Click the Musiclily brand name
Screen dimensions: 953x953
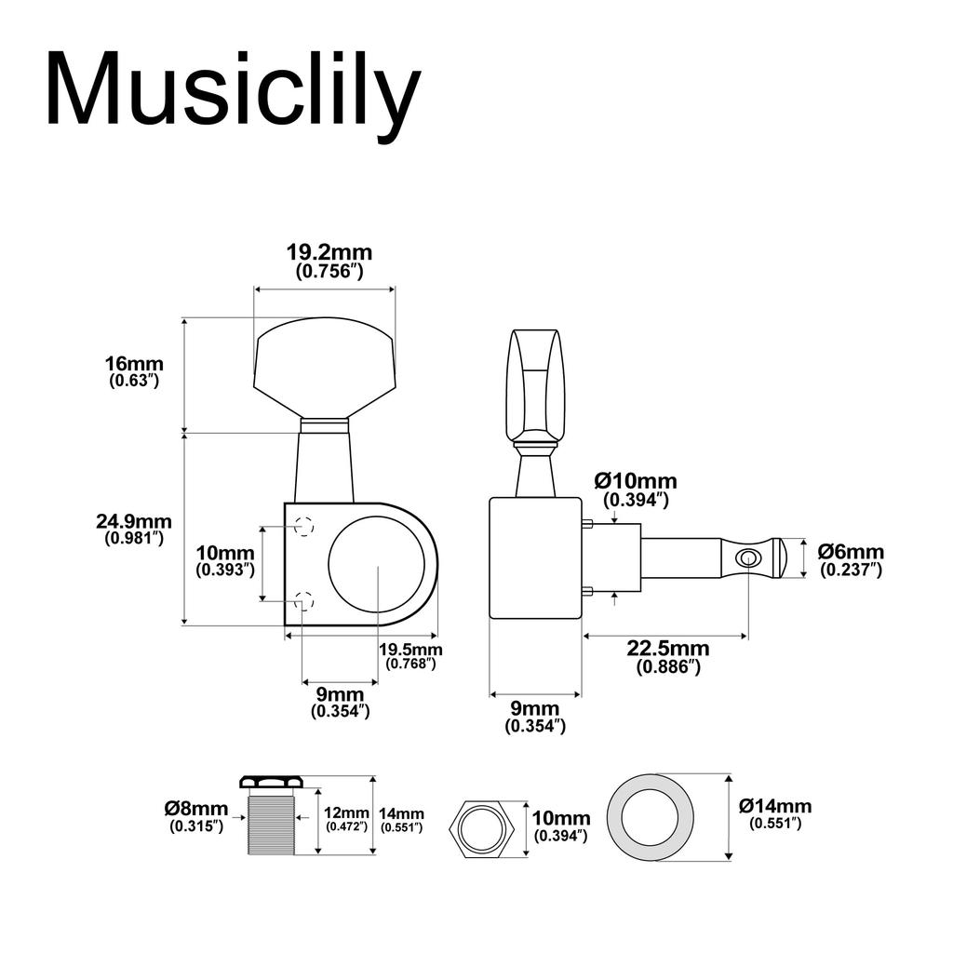pos(233,90)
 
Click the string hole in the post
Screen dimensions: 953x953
pos(746,557)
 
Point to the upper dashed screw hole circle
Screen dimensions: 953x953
pos(304,527)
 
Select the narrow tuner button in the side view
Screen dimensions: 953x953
pos(532,382)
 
